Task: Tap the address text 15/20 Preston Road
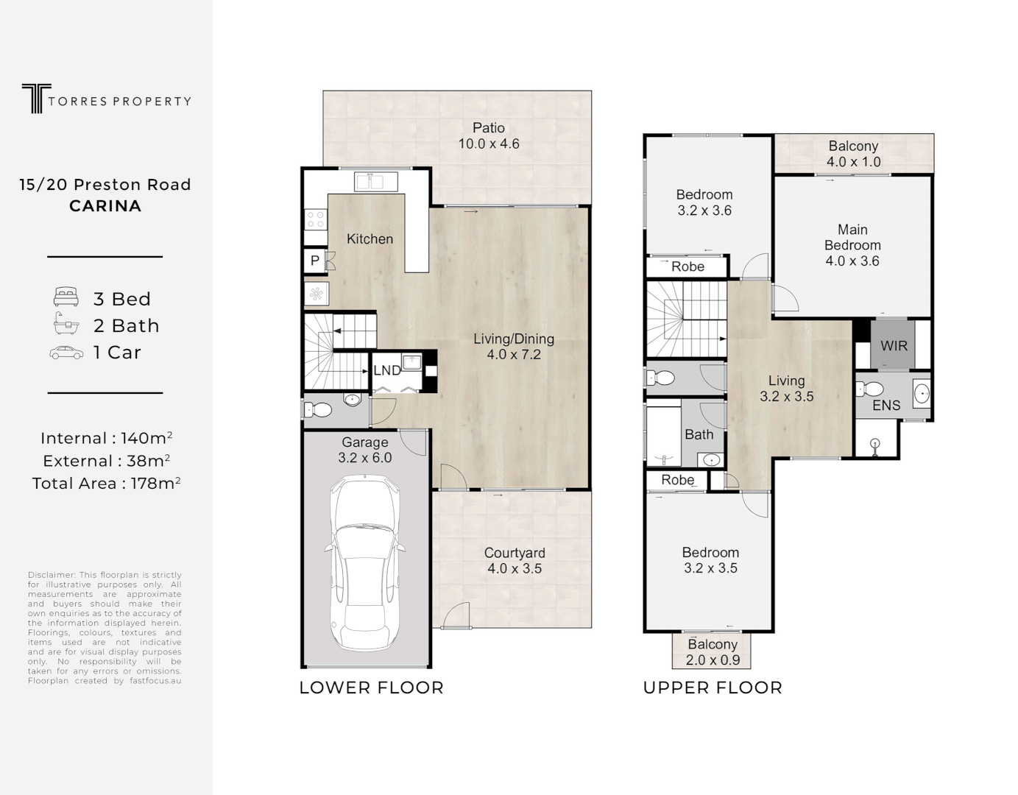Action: pyautogui.click(x=105, y=185)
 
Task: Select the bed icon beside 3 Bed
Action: pyautogui.click(x=66, y=298)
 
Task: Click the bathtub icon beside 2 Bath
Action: pyautogui.click(x=66, y=324)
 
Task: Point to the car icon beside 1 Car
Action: pyautogui.click(x=66, y=353)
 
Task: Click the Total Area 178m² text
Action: pyautogui.click(x=106, y=484)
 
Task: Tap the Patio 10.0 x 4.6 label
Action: pyautogui.click(x=489, y=136)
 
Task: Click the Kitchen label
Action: pyautogui.click(x=370, y=239)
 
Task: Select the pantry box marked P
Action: pyautogui.click(x=315, y=261)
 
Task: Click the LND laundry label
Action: pyautogui.click(x=386, y=370)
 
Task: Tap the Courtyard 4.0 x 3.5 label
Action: pyautogui.click(x=515, y=561)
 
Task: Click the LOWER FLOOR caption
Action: pyautogui.click(x=371, y=688)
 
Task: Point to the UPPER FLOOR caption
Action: pyautogui.click(x=713, y=688)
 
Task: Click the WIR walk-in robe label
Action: pyautogui.click(x=894, y=345)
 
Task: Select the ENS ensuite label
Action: pyautogui.click(x=886, y=406)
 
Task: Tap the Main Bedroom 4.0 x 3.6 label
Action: pyautogui.click(x=852, y=245)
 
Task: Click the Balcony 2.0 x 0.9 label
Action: pyautogui.click(x=713, y=652)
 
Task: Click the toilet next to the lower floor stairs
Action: pyautogui.click(x=318, y=410)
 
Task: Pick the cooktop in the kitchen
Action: pyautogui.click(x=316, y=219)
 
